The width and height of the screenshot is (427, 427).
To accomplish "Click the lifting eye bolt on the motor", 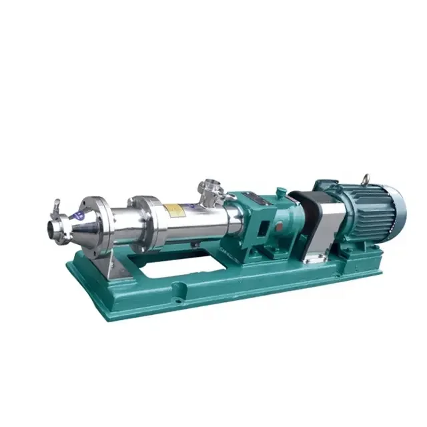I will click(x=366, y=179).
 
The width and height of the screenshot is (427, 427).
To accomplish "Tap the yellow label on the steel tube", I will click(x=175, y=209).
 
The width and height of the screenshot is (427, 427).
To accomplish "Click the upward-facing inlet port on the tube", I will click(x=211, y=189).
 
